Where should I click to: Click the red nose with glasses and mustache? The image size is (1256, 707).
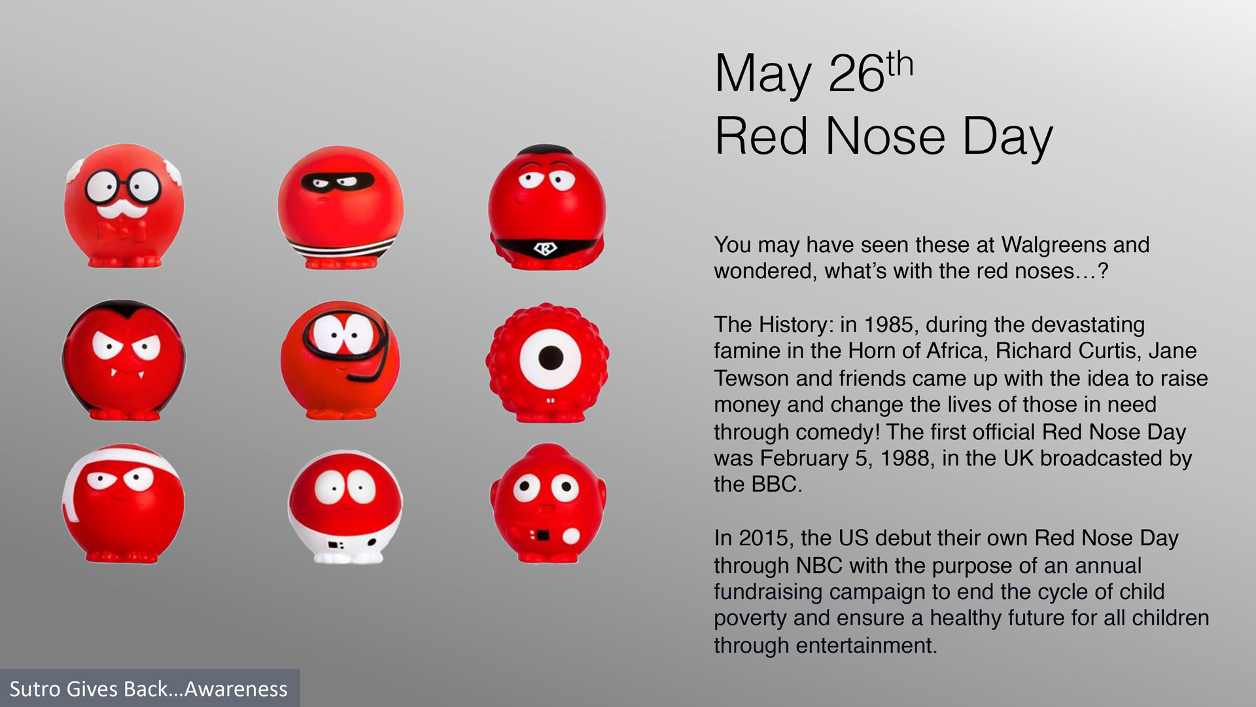pyautogui.click(x=124, y=205)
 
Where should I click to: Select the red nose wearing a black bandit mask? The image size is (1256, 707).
pyautogui.click(x=340, y=207)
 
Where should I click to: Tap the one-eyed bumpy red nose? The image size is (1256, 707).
pyautogui.click(x=548, y=361)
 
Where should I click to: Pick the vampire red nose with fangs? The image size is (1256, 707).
pyautogui.click(x=124, y=360)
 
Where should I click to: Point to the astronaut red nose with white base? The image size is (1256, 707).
pyautogui.click(x=345, y=507)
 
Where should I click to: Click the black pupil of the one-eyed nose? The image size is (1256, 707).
pyautogui.click(x=550, y=357)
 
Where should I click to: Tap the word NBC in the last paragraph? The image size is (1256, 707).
pyautogui.click(x=820, y=565)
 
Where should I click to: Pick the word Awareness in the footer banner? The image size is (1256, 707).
pyautogui.click(x=236, y=689)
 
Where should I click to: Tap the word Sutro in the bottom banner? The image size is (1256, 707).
pyautogui.click(x=31, y=689)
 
